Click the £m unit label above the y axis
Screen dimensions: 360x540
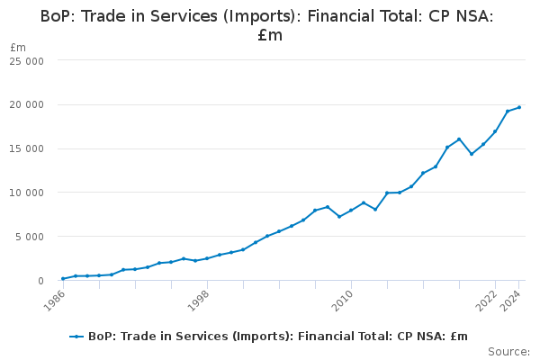tap(18, 47)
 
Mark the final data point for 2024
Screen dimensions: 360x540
tap(519, 107)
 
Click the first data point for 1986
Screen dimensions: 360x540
tap(63, 279)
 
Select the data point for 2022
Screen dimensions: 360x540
tap(495, 131)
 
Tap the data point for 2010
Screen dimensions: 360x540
tap(351, 211)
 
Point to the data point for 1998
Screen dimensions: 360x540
tap(207, 258)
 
